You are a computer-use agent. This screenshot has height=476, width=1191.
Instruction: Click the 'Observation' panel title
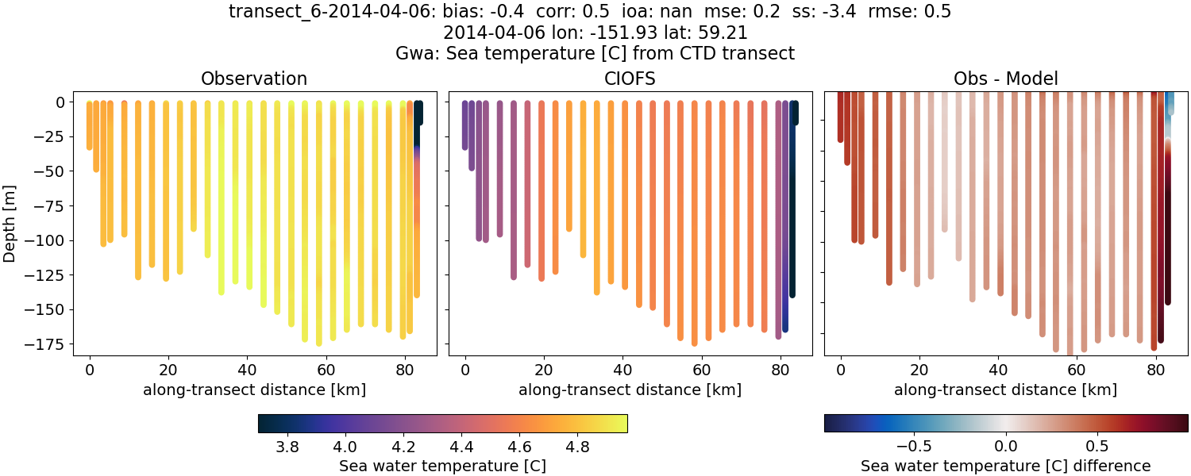(254, 79)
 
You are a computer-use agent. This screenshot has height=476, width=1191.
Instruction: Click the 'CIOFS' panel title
(630, 79)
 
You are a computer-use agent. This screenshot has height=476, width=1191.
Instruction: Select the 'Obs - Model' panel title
(1006, 79)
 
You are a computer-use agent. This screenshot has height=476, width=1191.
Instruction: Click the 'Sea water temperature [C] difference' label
(1006, 466)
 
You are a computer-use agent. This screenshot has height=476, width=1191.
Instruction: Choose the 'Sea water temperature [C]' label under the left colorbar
(442, 466)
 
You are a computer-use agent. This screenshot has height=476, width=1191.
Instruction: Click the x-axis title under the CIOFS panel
(630, 390)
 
